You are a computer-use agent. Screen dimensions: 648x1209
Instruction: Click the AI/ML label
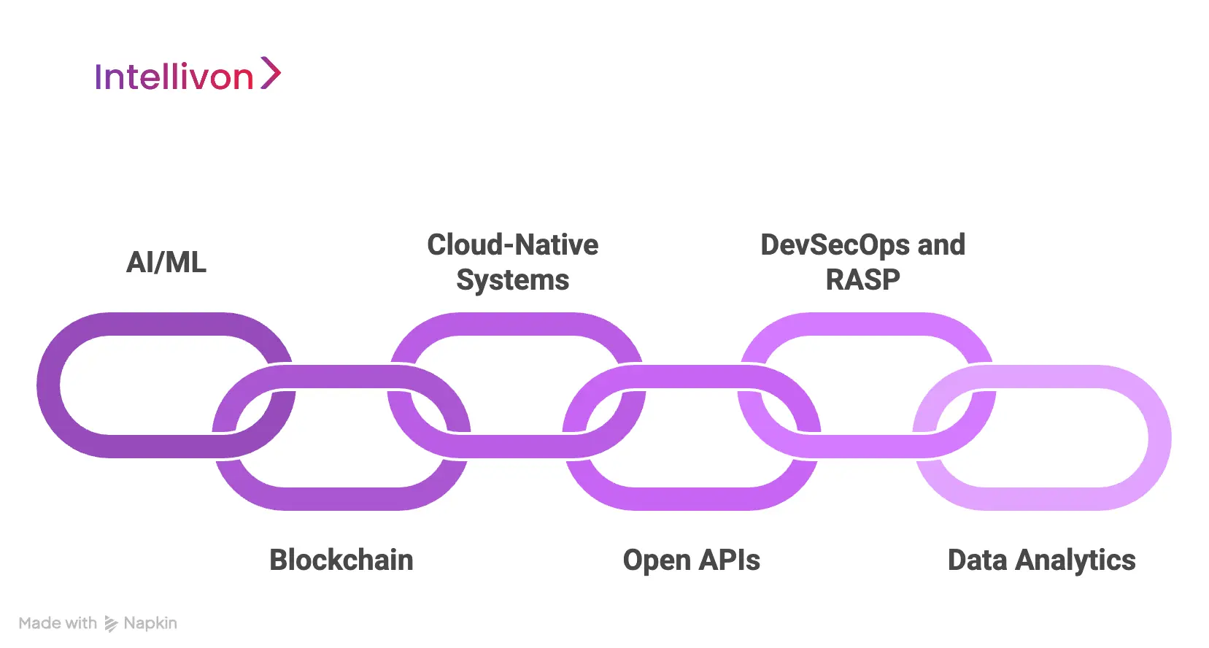(166, 262)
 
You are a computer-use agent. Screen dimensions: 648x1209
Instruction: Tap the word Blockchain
(341, 560)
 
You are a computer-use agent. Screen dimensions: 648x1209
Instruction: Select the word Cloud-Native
(512, 244)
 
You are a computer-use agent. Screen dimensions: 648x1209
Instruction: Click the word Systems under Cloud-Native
(512, 279)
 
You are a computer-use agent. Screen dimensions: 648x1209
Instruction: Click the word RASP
(862, 279)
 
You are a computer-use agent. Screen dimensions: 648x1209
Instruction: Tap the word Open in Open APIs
(657, 560)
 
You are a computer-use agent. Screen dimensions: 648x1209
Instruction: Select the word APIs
(729, 560)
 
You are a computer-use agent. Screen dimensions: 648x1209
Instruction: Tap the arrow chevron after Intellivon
(271, 73)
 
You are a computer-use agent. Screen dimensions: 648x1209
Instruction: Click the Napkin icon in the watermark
(111, 624)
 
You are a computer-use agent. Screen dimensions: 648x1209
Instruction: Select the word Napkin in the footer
(150, 623)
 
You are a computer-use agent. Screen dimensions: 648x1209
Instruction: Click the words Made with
(58, 623)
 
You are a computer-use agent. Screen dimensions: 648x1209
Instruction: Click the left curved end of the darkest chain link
(49, 385)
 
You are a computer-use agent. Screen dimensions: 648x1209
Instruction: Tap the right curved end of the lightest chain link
(1159, 438)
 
